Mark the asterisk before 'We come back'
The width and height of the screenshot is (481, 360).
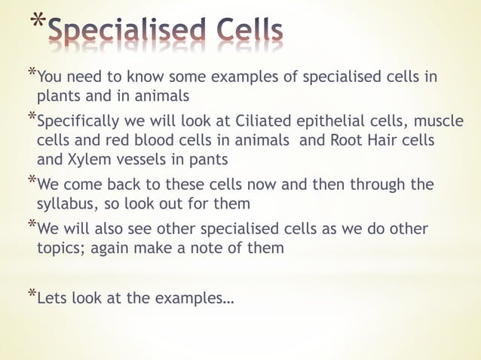point(31,181)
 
